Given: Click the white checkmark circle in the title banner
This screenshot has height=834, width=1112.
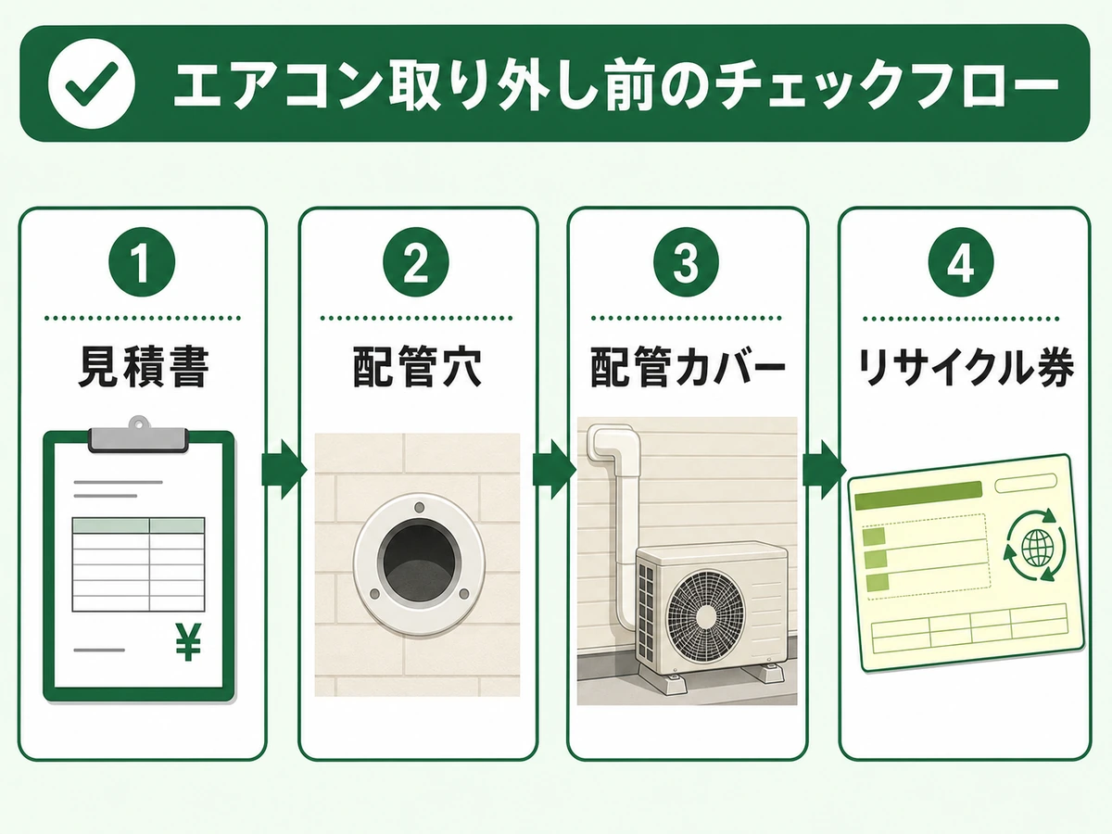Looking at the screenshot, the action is pos(92,83).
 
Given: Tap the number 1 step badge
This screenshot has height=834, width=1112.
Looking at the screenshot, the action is pos(142,262).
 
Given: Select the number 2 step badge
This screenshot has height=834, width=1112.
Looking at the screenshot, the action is pos(415,262).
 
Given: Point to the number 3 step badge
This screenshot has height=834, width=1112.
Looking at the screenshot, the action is pos(686,262).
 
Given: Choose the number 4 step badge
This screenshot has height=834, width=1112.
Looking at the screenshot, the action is pos(961,262).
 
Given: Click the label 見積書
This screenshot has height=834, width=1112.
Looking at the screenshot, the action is pos(144,367).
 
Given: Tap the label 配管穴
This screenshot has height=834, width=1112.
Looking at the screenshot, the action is pos(416,367).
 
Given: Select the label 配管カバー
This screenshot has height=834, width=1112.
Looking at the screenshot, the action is pos(688,367).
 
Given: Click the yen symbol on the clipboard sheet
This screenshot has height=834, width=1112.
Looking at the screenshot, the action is pos(188,642).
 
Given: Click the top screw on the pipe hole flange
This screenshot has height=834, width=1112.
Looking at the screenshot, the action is pos(419,508).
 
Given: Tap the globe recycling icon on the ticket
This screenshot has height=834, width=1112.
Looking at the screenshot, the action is pos(1034,546).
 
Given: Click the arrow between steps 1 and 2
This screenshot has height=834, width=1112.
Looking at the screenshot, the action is pos(284,470).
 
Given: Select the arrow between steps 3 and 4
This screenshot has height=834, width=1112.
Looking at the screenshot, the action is pos(824,470).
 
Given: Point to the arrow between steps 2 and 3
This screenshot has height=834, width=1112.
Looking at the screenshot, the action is pos(554,470).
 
